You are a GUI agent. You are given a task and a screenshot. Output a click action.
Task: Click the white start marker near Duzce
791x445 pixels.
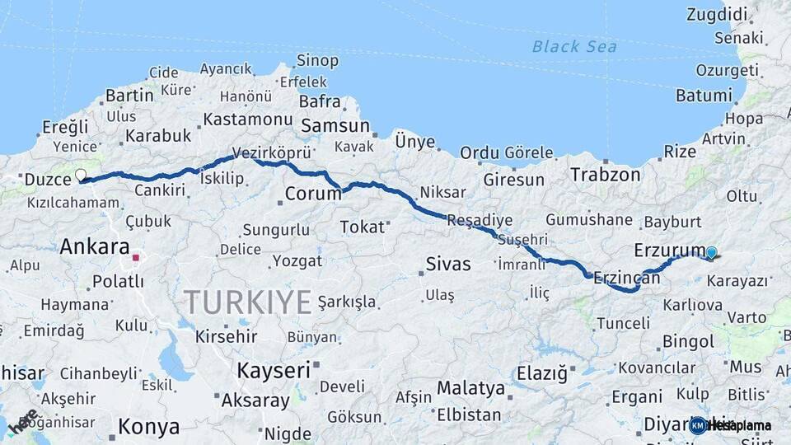pos(81,175)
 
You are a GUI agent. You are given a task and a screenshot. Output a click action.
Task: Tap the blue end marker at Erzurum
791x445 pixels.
pos(712,254)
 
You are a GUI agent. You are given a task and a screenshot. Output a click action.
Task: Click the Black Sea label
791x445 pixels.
pos(574,47)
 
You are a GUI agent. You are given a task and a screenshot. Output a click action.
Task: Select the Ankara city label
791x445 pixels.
pos(95,246)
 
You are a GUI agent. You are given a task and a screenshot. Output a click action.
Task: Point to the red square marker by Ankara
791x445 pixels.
pos(136,258)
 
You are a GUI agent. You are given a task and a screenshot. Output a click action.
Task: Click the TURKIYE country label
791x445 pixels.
pos(247,302)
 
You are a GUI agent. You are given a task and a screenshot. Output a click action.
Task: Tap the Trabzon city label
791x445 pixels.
pos(606,175)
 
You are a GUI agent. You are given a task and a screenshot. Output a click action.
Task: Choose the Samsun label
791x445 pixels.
pos(335,126)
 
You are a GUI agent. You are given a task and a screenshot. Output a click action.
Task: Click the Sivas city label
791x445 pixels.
pos(448,265)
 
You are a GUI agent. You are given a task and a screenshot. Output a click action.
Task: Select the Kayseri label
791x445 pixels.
pos(273,370)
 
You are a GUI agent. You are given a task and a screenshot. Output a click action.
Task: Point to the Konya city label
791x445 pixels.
pos(149,427)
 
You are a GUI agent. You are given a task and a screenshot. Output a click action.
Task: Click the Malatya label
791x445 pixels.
pos(470,388)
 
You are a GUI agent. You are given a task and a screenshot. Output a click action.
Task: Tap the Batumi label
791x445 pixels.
pos(704,96)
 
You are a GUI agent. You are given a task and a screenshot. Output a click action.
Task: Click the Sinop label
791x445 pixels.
pos(317,60)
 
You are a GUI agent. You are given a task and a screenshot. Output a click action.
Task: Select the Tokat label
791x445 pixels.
pos(362,227)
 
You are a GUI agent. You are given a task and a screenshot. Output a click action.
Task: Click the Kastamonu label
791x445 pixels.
pos(248,119)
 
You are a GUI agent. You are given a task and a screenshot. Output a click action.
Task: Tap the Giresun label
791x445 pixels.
pos(514,179)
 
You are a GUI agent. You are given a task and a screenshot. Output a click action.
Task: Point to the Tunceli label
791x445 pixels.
pos(623,324)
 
